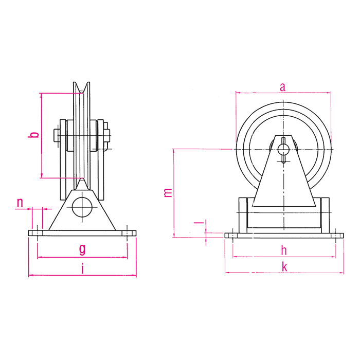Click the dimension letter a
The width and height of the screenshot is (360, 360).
click(282, 87)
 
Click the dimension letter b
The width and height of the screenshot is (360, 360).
click(33, 135)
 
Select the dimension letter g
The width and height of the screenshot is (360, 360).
click(82, 249)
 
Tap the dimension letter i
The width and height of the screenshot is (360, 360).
click(82, 268)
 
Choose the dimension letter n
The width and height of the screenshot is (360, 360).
click(20, 203)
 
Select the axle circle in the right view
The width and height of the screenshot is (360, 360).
click(283, 149)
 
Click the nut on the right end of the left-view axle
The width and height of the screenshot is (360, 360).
click(107, 136)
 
